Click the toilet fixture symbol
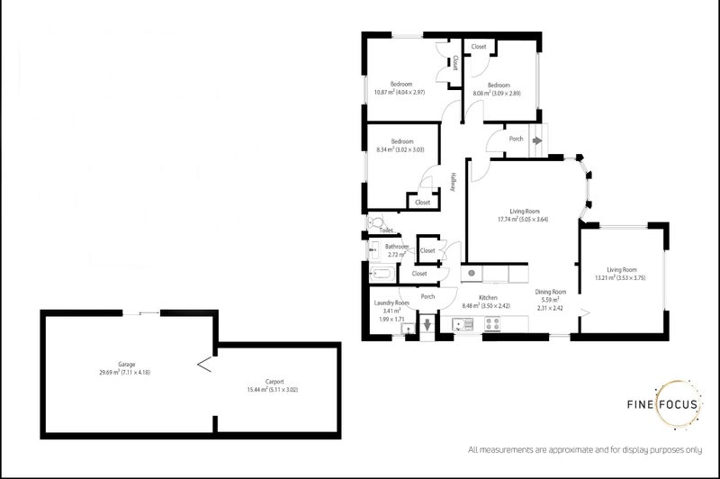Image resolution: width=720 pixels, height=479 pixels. pyautogui.click(x=375, y=221)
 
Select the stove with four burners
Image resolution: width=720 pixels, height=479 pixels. pyautogui.click(x=495, y=325)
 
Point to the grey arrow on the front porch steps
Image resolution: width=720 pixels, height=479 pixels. pyautogui.click(x=538, y=140)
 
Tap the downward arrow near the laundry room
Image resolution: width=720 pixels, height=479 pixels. pyautogui.click(x=427, y=325)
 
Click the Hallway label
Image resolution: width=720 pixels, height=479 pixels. pyautogui.click(x=454, y=181)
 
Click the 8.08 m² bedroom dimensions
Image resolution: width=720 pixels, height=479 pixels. pyautogui.click(x=498, y=93)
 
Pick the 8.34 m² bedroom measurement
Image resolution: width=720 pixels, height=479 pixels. pyautogui.click(x=401, y=149)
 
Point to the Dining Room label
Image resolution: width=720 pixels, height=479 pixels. pyautogui.click(x=550, y=292)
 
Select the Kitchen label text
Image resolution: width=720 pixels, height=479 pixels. pyautogui.click(x=488, y=297)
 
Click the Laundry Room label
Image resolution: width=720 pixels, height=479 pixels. pyautogui.click(x=391, y=303)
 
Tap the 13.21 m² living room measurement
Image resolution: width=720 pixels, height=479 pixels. pyautogui.click(x=627, y=277)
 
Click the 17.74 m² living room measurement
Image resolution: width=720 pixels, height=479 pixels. pyautogui.click(x=523, y=219)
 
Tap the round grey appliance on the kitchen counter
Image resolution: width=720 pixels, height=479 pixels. pyautogui.click(x=470, y=272)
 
